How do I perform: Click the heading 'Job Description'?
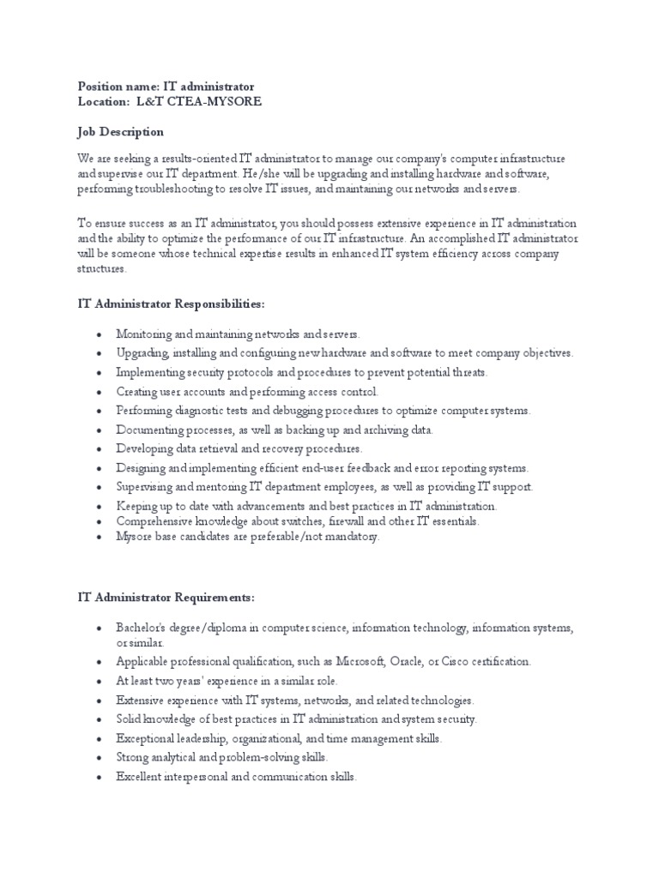click(120, 132)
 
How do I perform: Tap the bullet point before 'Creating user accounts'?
click(100, 392)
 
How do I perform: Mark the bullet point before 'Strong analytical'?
click(100, 758)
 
